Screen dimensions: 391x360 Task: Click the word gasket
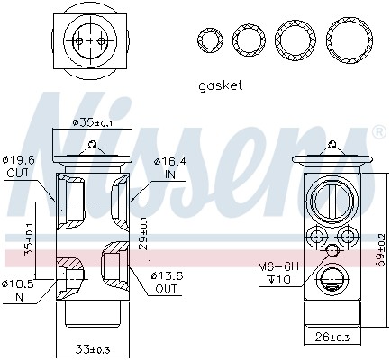[220, 86]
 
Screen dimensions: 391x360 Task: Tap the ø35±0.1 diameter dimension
[92, 122]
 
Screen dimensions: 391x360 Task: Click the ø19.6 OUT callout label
[18, 166]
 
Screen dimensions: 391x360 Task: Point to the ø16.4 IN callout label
[169, 168]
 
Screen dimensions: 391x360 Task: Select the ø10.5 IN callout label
[18, 291]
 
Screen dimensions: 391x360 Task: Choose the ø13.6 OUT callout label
[166, 282]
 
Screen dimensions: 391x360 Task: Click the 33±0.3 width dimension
[93, 349]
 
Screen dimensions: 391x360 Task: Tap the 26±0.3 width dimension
[332, 337]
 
